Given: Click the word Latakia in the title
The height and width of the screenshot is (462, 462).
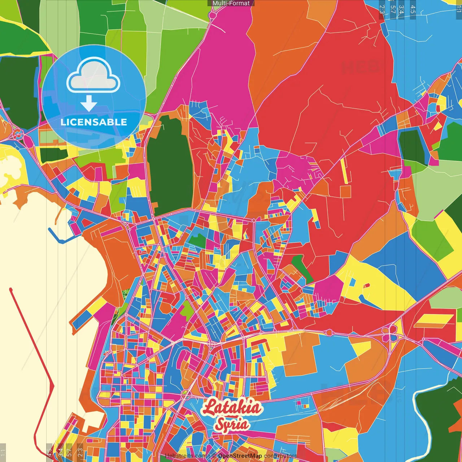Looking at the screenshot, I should [x=231, y=407].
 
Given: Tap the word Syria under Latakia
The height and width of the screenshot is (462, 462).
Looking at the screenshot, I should [x=232, y=424].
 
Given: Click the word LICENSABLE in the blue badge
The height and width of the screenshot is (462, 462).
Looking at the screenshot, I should [x=93, y=122].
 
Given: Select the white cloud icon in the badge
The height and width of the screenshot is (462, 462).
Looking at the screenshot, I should [x=93, y=76].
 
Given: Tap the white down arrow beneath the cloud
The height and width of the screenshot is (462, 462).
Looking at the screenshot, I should [x=89, y=103].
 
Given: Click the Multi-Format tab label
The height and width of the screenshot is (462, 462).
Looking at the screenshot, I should [x=231, y=3].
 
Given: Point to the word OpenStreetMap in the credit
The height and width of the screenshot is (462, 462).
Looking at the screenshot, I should [x=240, y=456].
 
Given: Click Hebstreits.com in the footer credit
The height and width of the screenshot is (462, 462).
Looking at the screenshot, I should [x=185, y=456].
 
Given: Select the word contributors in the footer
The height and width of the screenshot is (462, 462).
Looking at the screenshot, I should [x=280, y=456].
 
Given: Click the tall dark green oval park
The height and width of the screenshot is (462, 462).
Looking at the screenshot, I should [x=170, y=166].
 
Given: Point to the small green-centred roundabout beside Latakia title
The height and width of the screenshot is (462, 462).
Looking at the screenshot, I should [x=185, y=393].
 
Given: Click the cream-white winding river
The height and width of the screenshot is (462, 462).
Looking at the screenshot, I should [x=420, y=408].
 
